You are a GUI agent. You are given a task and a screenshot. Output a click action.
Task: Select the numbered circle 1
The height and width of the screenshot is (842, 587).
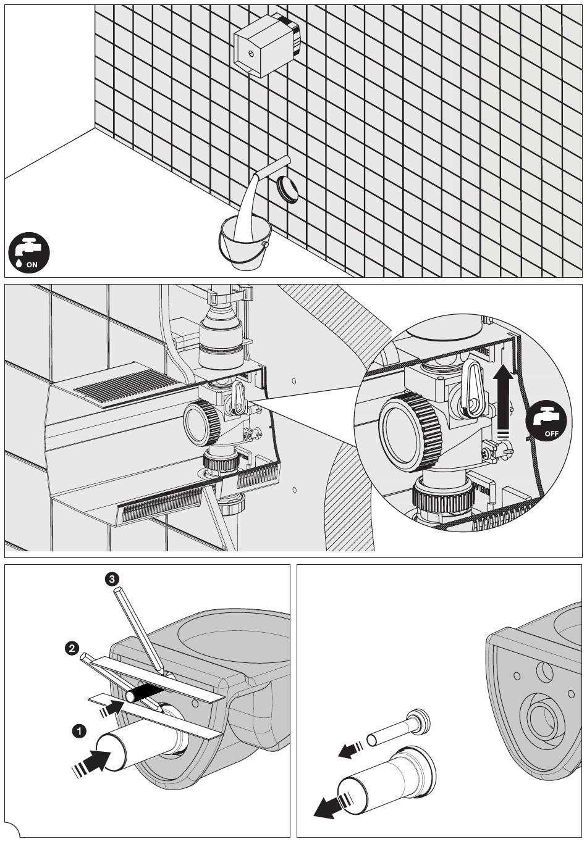pos(78,731)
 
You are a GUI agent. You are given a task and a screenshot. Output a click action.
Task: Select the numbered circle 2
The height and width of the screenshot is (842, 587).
pos(72,648)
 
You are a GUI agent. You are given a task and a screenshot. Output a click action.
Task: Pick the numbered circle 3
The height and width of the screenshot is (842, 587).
pos(111,578)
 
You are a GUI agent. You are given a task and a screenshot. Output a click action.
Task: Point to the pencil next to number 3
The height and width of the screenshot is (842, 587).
pos(138,630)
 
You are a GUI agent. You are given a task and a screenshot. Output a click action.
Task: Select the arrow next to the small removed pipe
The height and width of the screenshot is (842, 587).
pos(350,749)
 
